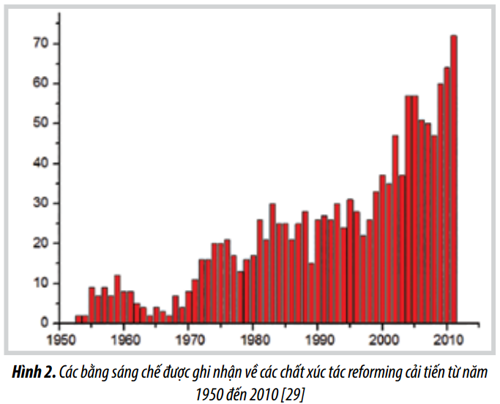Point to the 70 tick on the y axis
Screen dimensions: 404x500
[40, 44]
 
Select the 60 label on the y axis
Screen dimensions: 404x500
[40, 83]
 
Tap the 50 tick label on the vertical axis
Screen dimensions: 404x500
[40, 123]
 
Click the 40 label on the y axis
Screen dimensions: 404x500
[40, 163]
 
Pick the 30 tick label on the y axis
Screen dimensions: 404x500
[40, 203]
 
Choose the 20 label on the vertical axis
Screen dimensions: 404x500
[40, 243]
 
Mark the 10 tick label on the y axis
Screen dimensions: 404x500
[40, 283]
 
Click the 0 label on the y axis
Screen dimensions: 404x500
[44, 322]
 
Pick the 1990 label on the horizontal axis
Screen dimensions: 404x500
[318, 340]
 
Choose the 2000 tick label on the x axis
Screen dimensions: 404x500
[382, 340]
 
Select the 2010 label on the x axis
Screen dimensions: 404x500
[447, 340]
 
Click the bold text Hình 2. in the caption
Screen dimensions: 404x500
[34, 373]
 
